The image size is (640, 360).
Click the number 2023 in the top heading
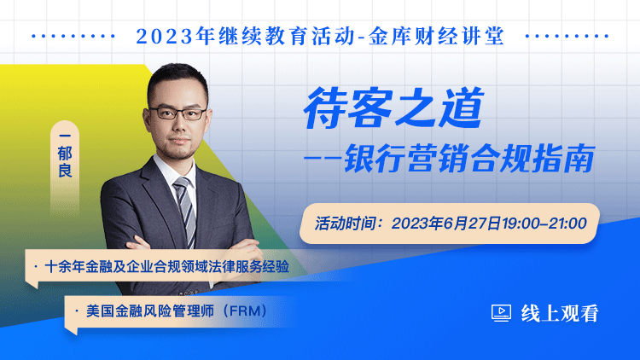click(165, 37)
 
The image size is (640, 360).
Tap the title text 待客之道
click(394, 108)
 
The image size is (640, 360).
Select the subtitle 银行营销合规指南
click(469, 159)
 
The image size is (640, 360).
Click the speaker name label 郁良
click(65, 161)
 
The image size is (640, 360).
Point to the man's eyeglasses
click(178, 113)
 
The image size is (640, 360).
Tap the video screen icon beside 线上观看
click(501, 313)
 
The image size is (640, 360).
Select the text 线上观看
click(560, 313)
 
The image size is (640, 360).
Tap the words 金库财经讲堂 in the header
click(436, 37)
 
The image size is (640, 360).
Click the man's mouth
click(179, 142)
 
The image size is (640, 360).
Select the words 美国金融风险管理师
click(150, 311)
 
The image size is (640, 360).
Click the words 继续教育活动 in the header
click(287, 37)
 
